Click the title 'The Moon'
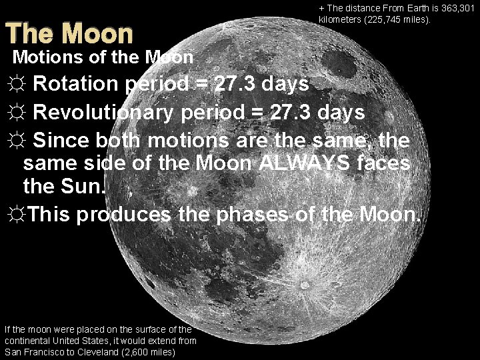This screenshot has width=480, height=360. tap(69, 33)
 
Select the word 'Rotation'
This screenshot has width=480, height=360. tap(75, 85)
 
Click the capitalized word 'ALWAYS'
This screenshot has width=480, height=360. tap(311, 163)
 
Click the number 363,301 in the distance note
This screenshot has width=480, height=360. tap(457, 8)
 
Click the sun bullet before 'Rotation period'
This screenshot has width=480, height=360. tap(16, 85)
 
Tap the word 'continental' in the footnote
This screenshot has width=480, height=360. tap(27, 340)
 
